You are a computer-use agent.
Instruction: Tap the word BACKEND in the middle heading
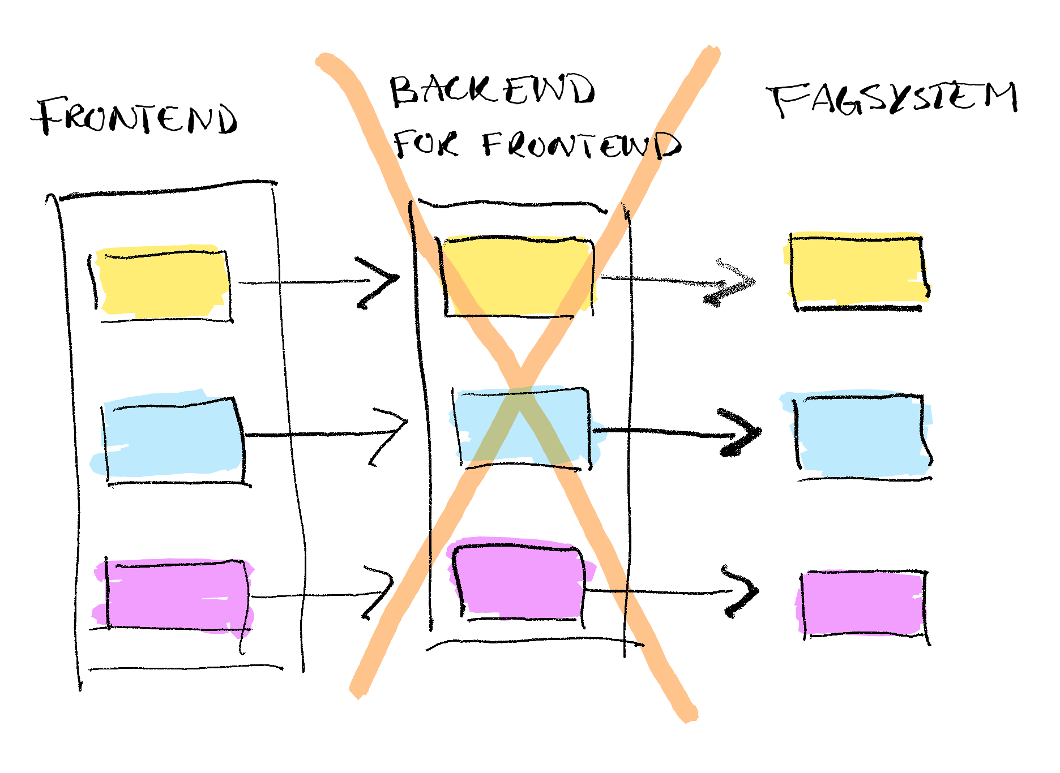point(492,91)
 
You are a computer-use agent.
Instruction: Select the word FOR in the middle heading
point(425,144)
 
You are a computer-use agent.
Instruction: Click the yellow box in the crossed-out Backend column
point(518,276)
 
